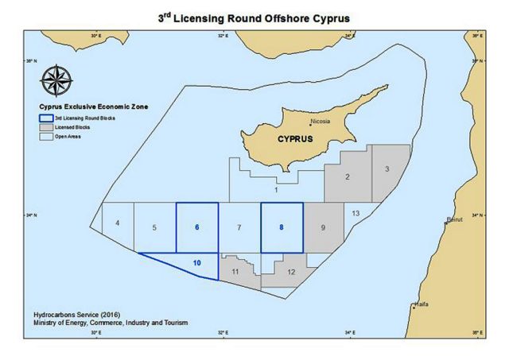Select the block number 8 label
click(x=282, y=226)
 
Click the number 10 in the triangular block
click(x=196, y=261)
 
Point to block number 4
click(x=117, y=223)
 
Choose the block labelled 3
click(x=386, y=169)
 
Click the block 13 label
click(x=356, y=213)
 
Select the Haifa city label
click(x=422, y=304)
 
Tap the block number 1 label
click(x=275, y=190)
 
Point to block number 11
click(x=235, y=272)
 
